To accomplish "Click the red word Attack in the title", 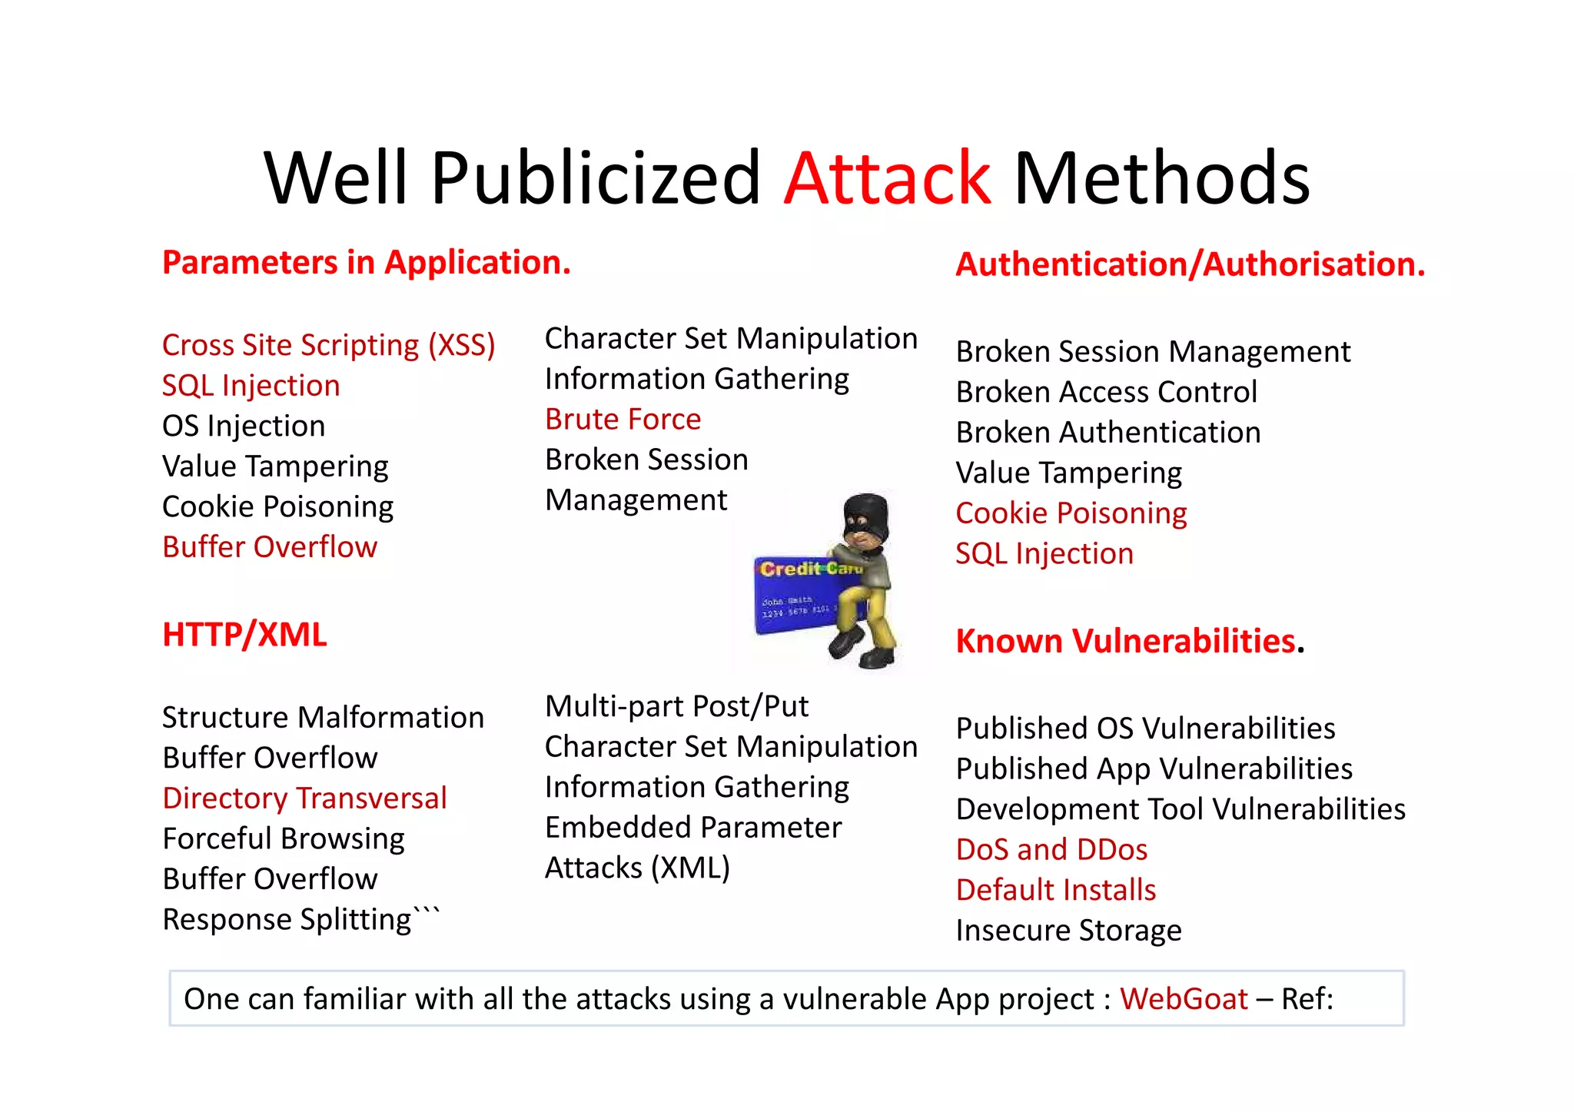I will [x=888, y=179].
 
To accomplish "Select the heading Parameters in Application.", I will [x=367, y=263].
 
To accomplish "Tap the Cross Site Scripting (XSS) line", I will [x=328, y=345].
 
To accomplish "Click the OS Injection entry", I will [x=244, y=426].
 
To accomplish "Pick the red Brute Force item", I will [x=623, y=420].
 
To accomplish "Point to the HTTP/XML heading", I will [x=244, y=635].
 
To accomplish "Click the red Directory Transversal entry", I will [x=304, y=798].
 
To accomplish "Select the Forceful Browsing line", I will [x=284, y=838].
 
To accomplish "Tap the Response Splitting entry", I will [x=288, y=920].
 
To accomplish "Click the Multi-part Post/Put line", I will [x=676, y=706].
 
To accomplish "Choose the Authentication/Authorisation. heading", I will [x=1190, y=264].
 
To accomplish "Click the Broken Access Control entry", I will [x=1106, y=392].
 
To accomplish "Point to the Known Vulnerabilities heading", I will [x=1126, y=641].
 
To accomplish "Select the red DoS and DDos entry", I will [x=1051, y=850].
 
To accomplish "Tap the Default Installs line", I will [x=1056, y=890].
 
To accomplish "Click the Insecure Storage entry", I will [x=1068, y=931].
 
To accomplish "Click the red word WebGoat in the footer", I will [x=1184, y=999].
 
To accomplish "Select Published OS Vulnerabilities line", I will [x=1145, y=729].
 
